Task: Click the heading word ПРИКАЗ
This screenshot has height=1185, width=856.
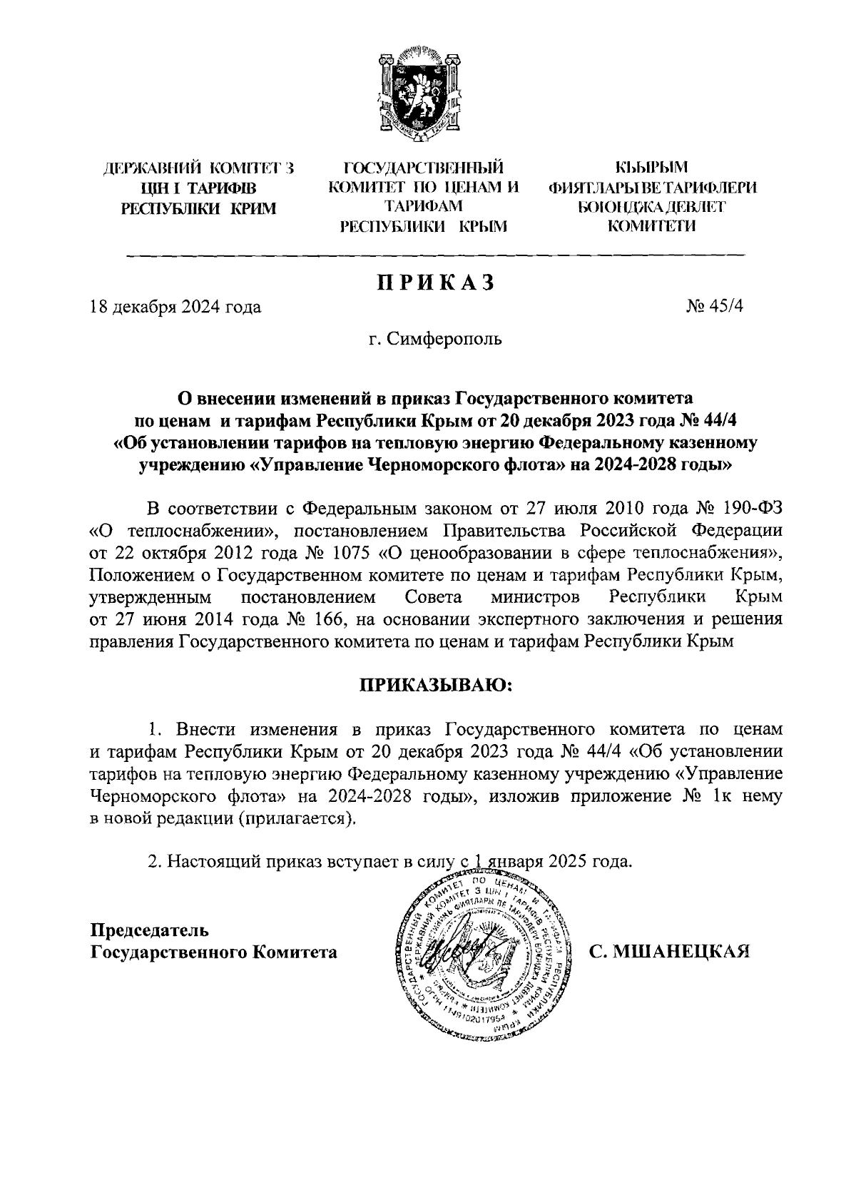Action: [x=435, y=283]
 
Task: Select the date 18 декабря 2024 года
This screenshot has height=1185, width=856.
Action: [x=175, y=307]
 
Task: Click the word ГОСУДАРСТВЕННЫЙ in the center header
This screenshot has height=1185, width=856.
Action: [x=423, y=168]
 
